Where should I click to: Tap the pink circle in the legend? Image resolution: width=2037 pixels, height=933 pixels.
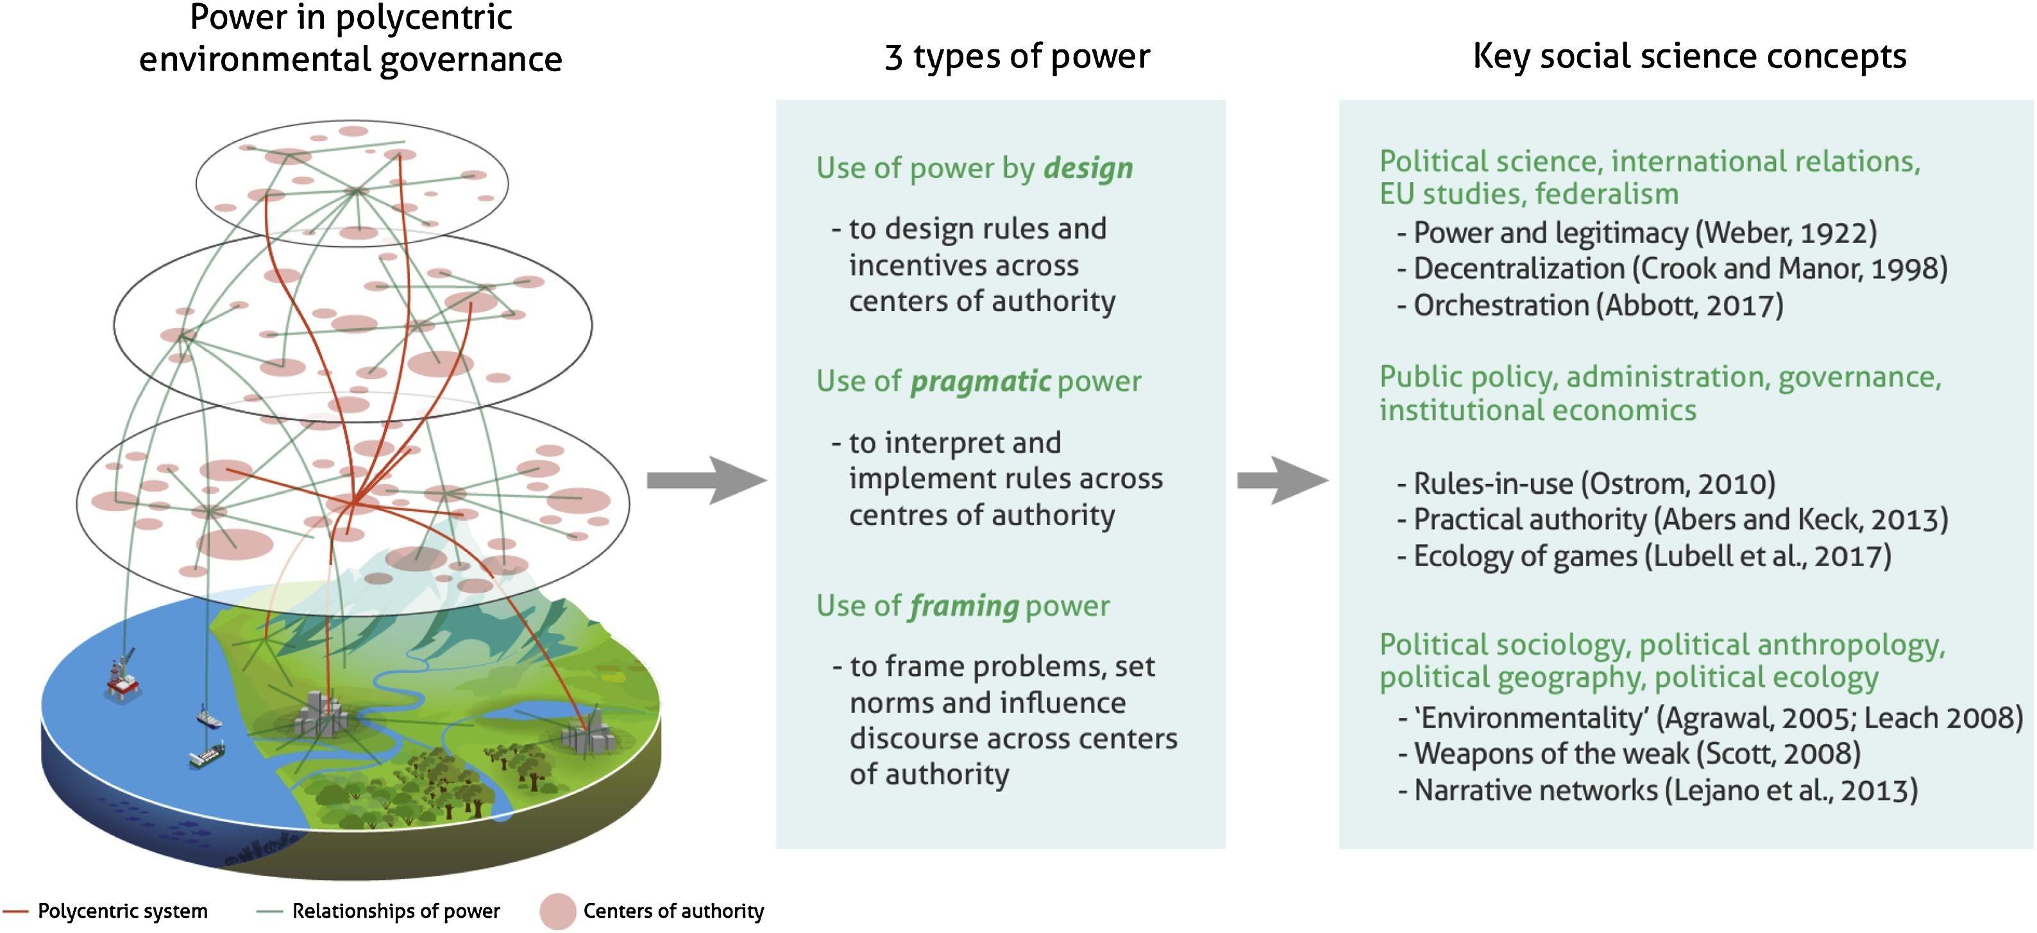(557, 911)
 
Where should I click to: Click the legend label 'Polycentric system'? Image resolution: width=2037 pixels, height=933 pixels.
(123, 911)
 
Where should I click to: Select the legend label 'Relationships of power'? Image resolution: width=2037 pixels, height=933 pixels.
(395, 911)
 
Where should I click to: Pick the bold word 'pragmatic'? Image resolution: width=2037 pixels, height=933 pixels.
(981, 382)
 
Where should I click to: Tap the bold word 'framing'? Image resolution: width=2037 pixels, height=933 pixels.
(964, 607)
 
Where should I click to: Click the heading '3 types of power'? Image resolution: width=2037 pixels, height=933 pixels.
(1017, 57)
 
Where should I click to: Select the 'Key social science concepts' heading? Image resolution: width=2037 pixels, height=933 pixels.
(1689, 57)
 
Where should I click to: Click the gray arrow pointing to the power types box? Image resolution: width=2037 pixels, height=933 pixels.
(706, 480)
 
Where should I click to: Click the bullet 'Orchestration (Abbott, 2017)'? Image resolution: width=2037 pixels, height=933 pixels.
(1597, 306)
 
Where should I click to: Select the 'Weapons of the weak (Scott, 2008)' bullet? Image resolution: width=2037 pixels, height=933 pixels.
(1636, 754)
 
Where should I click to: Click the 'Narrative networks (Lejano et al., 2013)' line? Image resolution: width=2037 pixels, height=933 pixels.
(1664, 791)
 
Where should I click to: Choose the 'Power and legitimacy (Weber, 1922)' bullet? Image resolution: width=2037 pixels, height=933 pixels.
(1644, 233)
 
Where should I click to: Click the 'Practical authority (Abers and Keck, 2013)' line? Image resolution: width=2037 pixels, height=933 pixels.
(1680, 520)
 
